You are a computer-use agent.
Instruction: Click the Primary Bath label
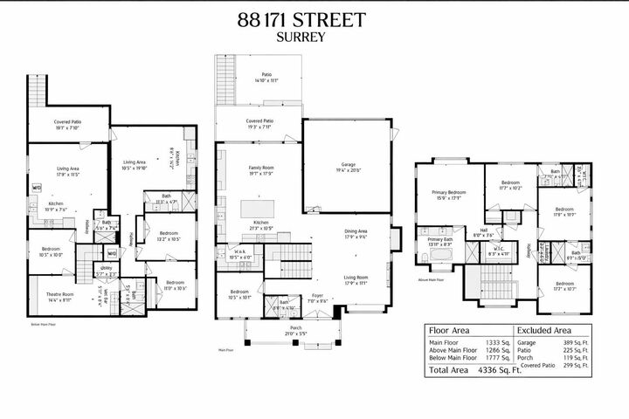(440, 242)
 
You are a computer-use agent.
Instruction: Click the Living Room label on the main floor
(362, 279)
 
